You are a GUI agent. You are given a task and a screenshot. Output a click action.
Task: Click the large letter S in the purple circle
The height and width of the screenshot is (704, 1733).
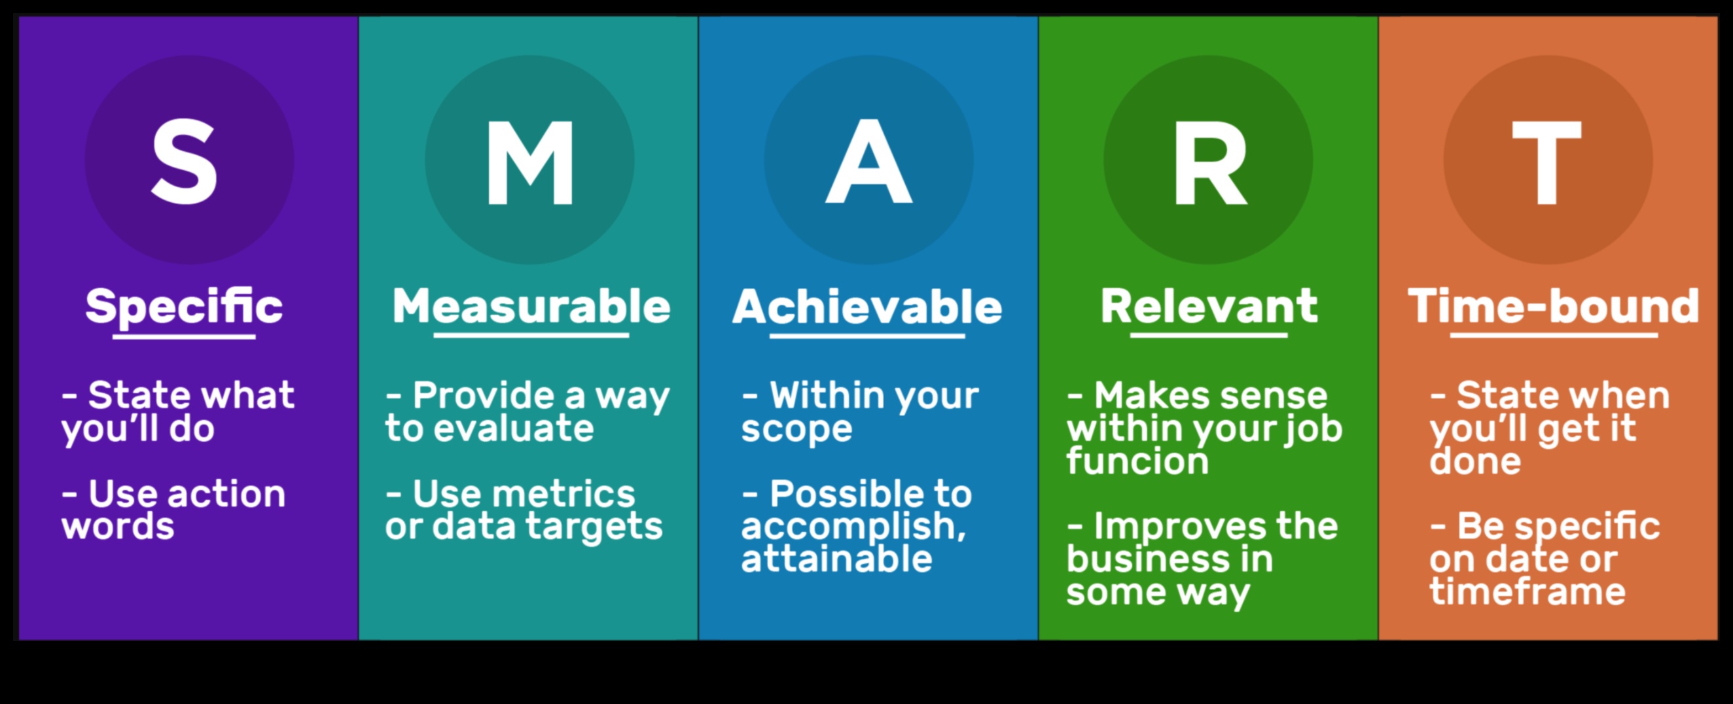click(185, 162)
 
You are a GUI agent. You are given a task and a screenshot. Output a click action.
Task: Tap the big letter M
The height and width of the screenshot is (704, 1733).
click(530, 162)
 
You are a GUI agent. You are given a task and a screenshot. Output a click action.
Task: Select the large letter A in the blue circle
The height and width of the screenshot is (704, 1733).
click(868, 162)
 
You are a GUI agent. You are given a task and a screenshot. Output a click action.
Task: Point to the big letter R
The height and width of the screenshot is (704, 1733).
click(1210, 162)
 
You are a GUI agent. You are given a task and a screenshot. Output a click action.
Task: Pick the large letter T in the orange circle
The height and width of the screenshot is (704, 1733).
click(1546, 162)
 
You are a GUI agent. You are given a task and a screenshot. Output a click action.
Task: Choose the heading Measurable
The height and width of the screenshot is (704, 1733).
click(531, 307)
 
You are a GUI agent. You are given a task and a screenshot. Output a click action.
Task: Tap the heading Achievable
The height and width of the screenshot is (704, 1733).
click(867, 307)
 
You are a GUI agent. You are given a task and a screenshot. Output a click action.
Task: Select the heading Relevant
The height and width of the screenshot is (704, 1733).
click(1209, 307)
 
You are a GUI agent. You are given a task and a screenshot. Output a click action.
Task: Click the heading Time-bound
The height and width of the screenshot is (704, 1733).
click(1554, 307)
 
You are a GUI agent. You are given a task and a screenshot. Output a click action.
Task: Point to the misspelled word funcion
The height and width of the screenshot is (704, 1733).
click(1137, 461)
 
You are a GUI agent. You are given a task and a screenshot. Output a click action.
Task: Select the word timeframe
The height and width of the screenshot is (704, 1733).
click(1527, 591)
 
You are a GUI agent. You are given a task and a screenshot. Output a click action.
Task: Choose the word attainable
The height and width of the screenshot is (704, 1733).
click(837, 559)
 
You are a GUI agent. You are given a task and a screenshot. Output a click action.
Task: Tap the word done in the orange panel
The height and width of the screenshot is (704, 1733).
click(1475, 461)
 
